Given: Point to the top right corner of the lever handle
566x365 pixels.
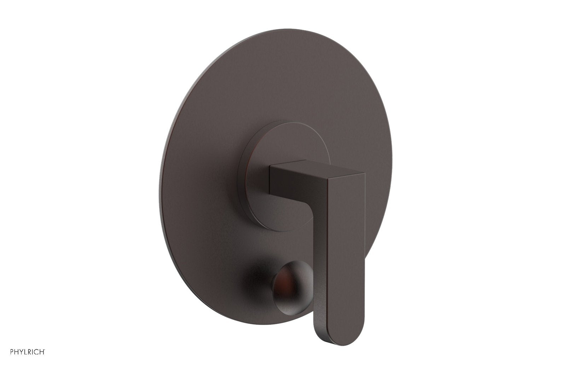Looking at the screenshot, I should [x=363, y=174].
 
